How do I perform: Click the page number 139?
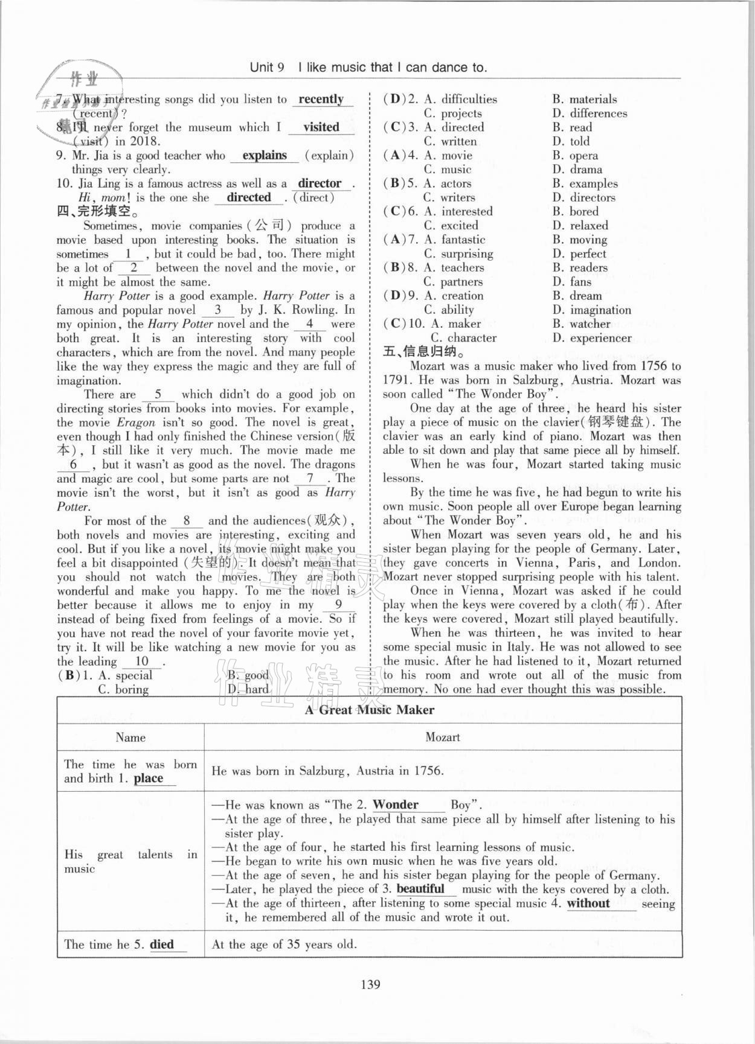click(x=370, y=984)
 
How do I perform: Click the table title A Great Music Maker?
click(x=369, y=710)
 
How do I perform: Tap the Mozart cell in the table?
click(x=443, y=737)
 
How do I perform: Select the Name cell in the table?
click(x=130, y=737)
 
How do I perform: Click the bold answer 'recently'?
click(x=321, y=99)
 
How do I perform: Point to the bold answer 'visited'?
click(x=321, y=127)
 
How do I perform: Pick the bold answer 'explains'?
click(x=265, y=155)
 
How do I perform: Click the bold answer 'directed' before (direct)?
click(x=249, y=197)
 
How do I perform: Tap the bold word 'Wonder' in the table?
click(x=396, y=804)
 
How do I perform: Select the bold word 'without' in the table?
click(x=588, y=903)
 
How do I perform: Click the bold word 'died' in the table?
click(x=162, y=944)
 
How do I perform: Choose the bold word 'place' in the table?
click(x=149, y=778)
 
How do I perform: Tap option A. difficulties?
click(x=461, y=99)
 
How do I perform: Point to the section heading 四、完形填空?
click(x=97, y=211)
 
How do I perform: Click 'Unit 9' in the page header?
click(x=267, y=68)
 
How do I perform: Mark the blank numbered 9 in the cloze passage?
click(x=338, y=605)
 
